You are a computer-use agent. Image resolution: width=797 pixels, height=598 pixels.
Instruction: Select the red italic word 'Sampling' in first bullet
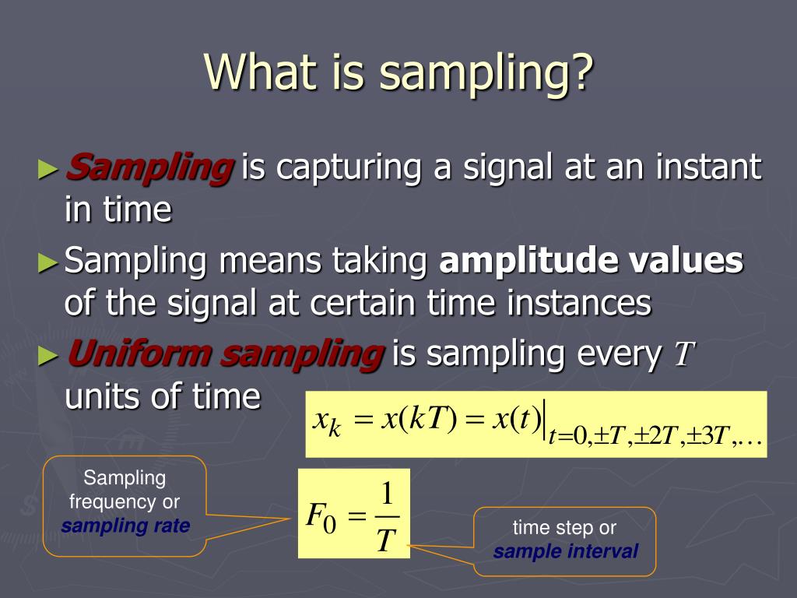click(x=149, y=167)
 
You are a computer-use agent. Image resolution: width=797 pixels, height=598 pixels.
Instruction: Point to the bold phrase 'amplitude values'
click(x=592, y=261)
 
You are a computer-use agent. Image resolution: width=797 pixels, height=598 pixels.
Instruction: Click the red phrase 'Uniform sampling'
click(x=225, y=354)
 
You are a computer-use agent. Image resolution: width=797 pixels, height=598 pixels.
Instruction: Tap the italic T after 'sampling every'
click(x=683, y=355)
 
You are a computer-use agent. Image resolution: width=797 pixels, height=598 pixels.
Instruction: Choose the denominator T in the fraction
click(x=387, y=538)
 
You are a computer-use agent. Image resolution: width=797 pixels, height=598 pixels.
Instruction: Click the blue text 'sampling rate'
click(x=125, y=526)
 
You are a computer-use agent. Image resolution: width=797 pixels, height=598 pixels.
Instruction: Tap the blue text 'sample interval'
click(x=566, y=552)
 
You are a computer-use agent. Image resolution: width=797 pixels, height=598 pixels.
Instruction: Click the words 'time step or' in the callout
click(x=564, y=528)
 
